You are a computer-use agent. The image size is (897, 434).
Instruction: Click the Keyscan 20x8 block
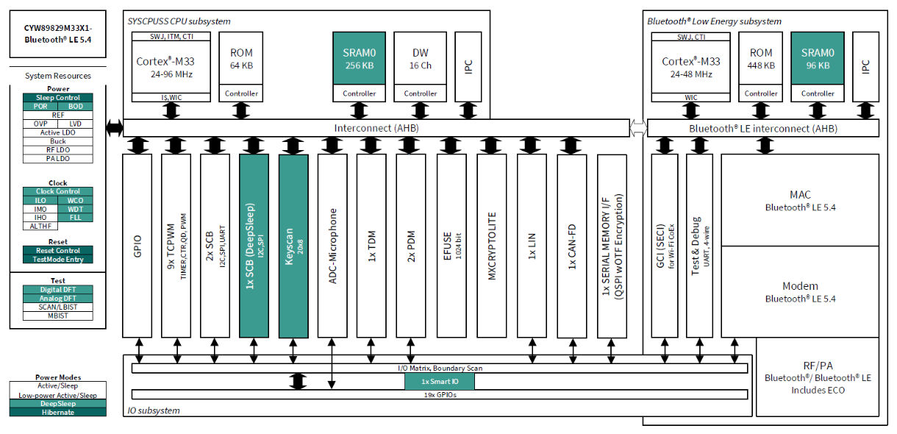[293, 246]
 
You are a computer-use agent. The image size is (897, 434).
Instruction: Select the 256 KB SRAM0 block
[359, 59]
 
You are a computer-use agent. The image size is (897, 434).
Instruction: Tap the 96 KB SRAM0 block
[818, 59]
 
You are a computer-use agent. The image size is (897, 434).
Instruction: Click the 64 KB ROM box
[241, 59]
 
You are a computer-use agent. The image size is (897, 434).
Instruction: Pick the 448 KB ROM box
[761, 59]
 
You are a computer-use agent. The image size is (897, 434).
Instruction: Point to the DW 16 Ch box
[420, 59]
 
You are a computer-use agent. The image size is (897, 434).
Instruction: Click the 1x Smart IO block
[439, 382]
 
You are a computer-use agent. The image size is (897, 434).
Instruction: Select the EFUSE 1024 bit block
[451, 246]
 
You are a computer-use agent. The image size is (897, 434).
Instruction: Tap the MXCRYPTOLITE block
[492, 246]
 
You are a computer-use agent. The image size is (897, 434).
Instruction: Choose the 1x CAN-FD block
[571, 246]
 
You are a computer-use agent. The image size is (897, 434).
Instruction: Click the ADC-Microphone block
[332, 246]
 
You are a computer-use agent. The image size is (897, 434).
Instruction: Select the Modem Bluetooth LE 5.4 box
[800, 292]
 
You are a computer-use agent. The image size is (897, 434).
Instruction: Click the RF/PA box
[817, 377]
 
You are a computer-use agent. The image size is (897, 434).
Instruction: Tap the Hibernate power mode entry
[57, 412]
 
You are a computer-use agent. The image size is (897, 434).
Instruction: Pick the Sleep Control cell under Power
[58, 98]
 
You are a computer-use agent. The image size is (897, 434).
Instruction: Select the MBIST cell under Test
[58, 316]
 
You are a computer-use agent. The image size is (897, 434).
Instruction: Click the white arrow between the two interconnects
[637, 128]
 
